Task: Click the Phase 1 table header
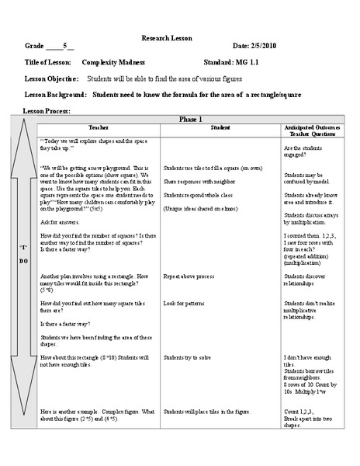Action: [190, 119]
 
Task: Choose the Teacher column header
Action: [99, 127]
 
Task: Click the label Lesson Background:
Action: [55, 95]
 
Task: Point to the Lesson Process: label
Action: [47, 111]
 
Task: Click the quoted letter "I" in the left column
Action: [22, 246]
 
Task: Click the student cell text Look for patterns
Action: [184, 302]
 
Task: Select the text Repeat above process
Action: [189, 276]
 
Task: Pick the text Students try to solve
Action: [187, 357]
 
